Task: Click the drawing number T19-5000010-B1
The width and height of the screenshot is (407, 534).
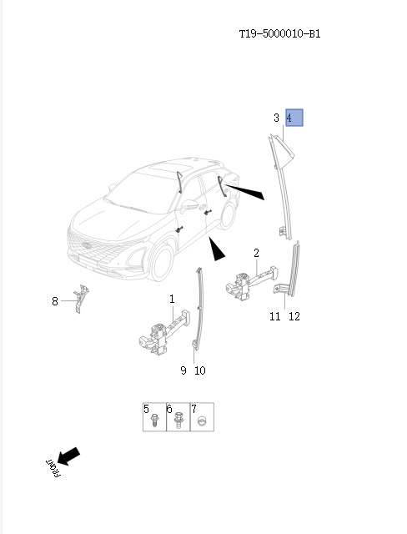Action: click(279, 34)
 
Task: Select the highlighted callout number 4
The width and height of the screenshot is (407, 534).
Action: click(294, 118)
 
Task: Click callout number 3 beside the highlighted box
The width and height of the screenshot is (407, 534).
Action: click(277, 118)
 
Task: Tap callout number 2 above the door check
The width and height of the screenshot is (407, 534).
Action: click(256, 253)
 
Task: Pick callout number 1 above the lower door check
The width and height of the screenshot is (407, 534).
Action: click(172, 299)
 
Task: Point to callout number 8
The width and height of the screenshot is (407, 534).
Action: click(56, 301)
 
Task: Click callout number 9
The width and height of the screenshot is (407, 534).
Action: click(183, 370)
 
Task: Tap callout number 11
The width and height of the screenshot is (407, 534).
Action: click(274, 316)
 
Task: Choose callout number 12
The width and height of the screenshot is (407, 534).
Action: click(293, 316)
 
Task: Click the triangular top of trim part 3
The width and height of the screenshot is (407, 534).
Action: click(279, 151)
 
